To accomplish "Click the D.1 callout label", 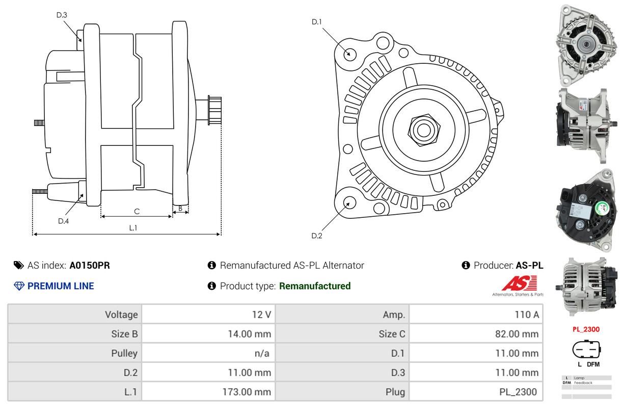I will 317,22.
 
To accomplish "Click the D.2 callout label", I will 317,236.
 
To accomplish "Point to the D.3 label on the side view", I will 62,15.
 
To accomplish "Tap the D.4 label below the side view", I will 63,221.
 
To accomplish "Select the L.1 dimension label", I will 133,228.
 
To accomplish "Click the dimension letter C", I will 137,211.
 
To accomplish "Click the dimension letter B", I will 180,208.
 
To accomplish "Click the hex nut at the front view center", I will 423,130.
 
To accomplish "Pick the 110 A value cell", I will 526,315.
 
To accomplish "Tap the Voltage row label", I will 121,315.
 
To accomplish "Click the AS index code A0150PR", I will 90,265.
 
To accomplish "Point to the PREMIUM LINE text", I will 61,286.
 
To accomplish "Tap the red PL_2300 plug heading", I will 586,329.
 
